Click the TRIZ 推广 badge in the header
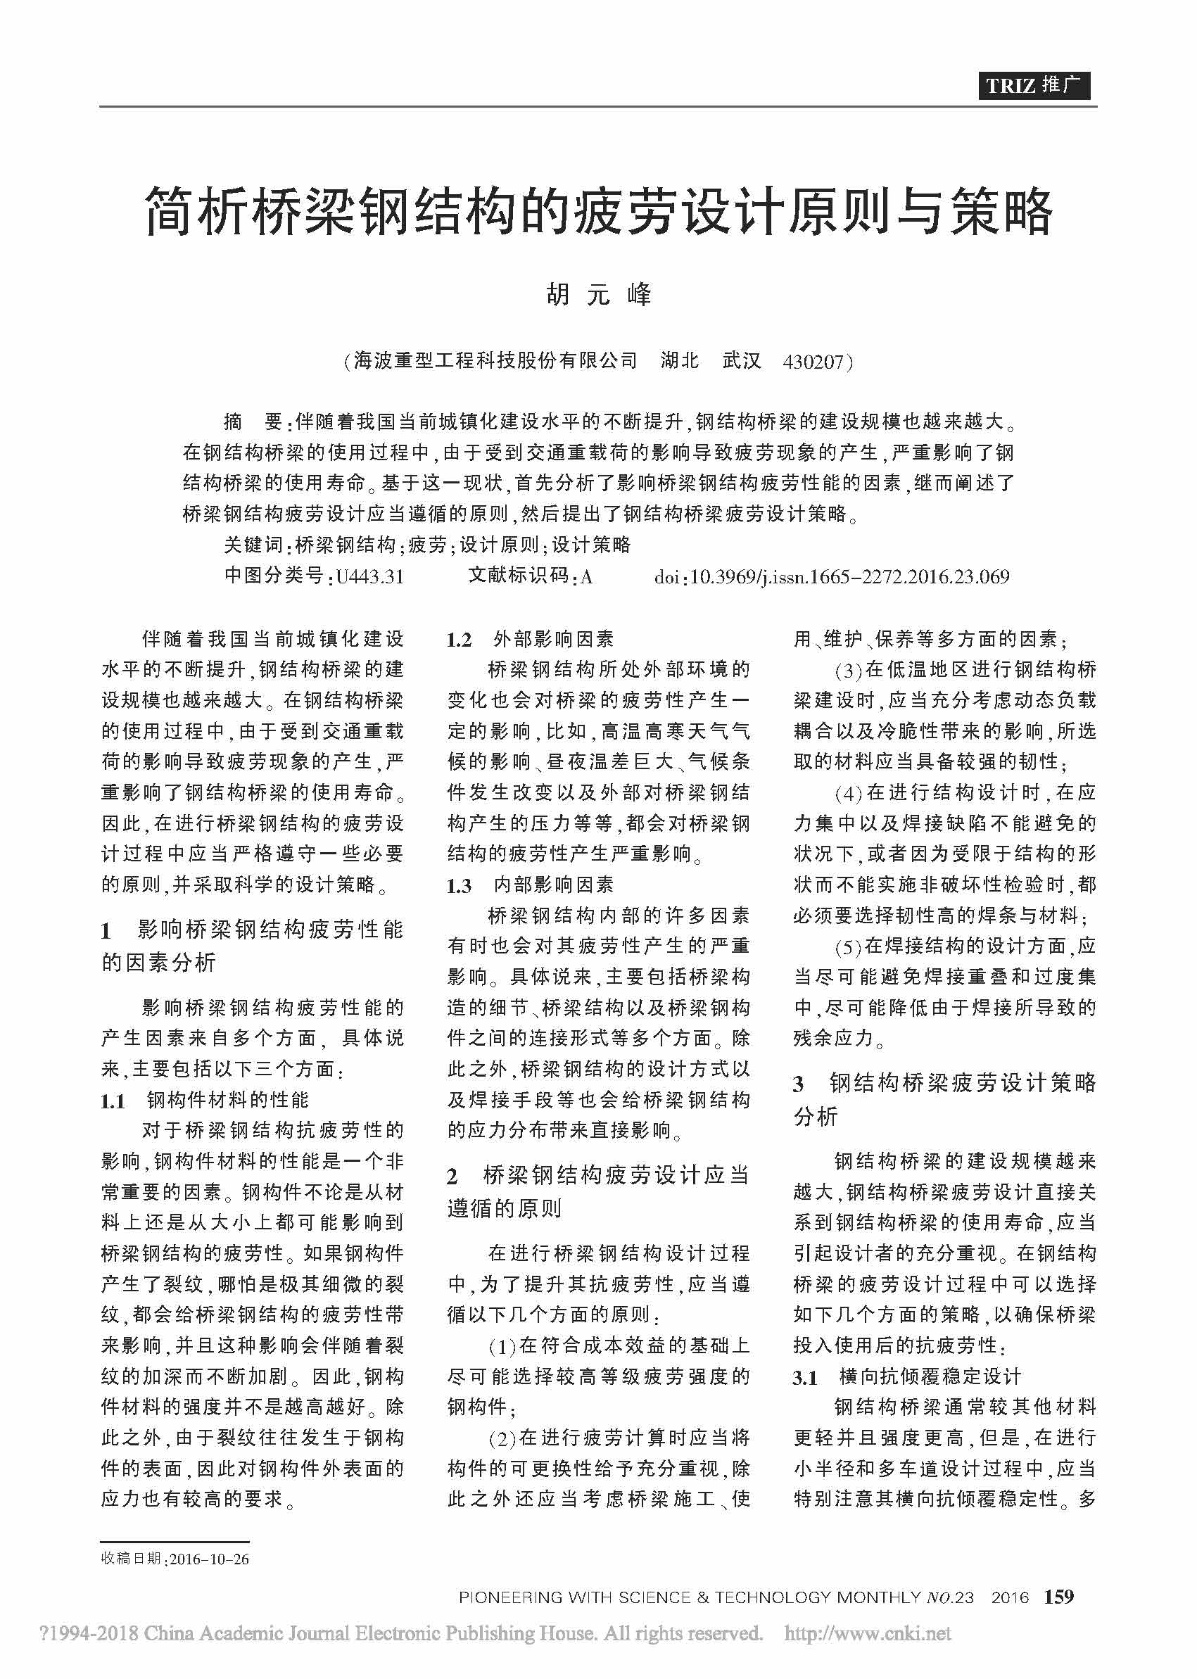[x=1034, y=85]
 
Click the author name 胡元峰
[x=598, y=294]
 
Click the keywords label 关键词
[x=253, y=545]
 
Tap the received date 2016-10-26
[x=209, y=1559]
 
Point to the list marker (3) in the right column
[x=849, y=670]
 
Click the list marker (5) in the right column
[x=849, y=946]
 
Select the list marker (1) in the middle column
[x=502, y=1346]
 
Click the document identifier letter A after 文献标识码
[x=587, y=576]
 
